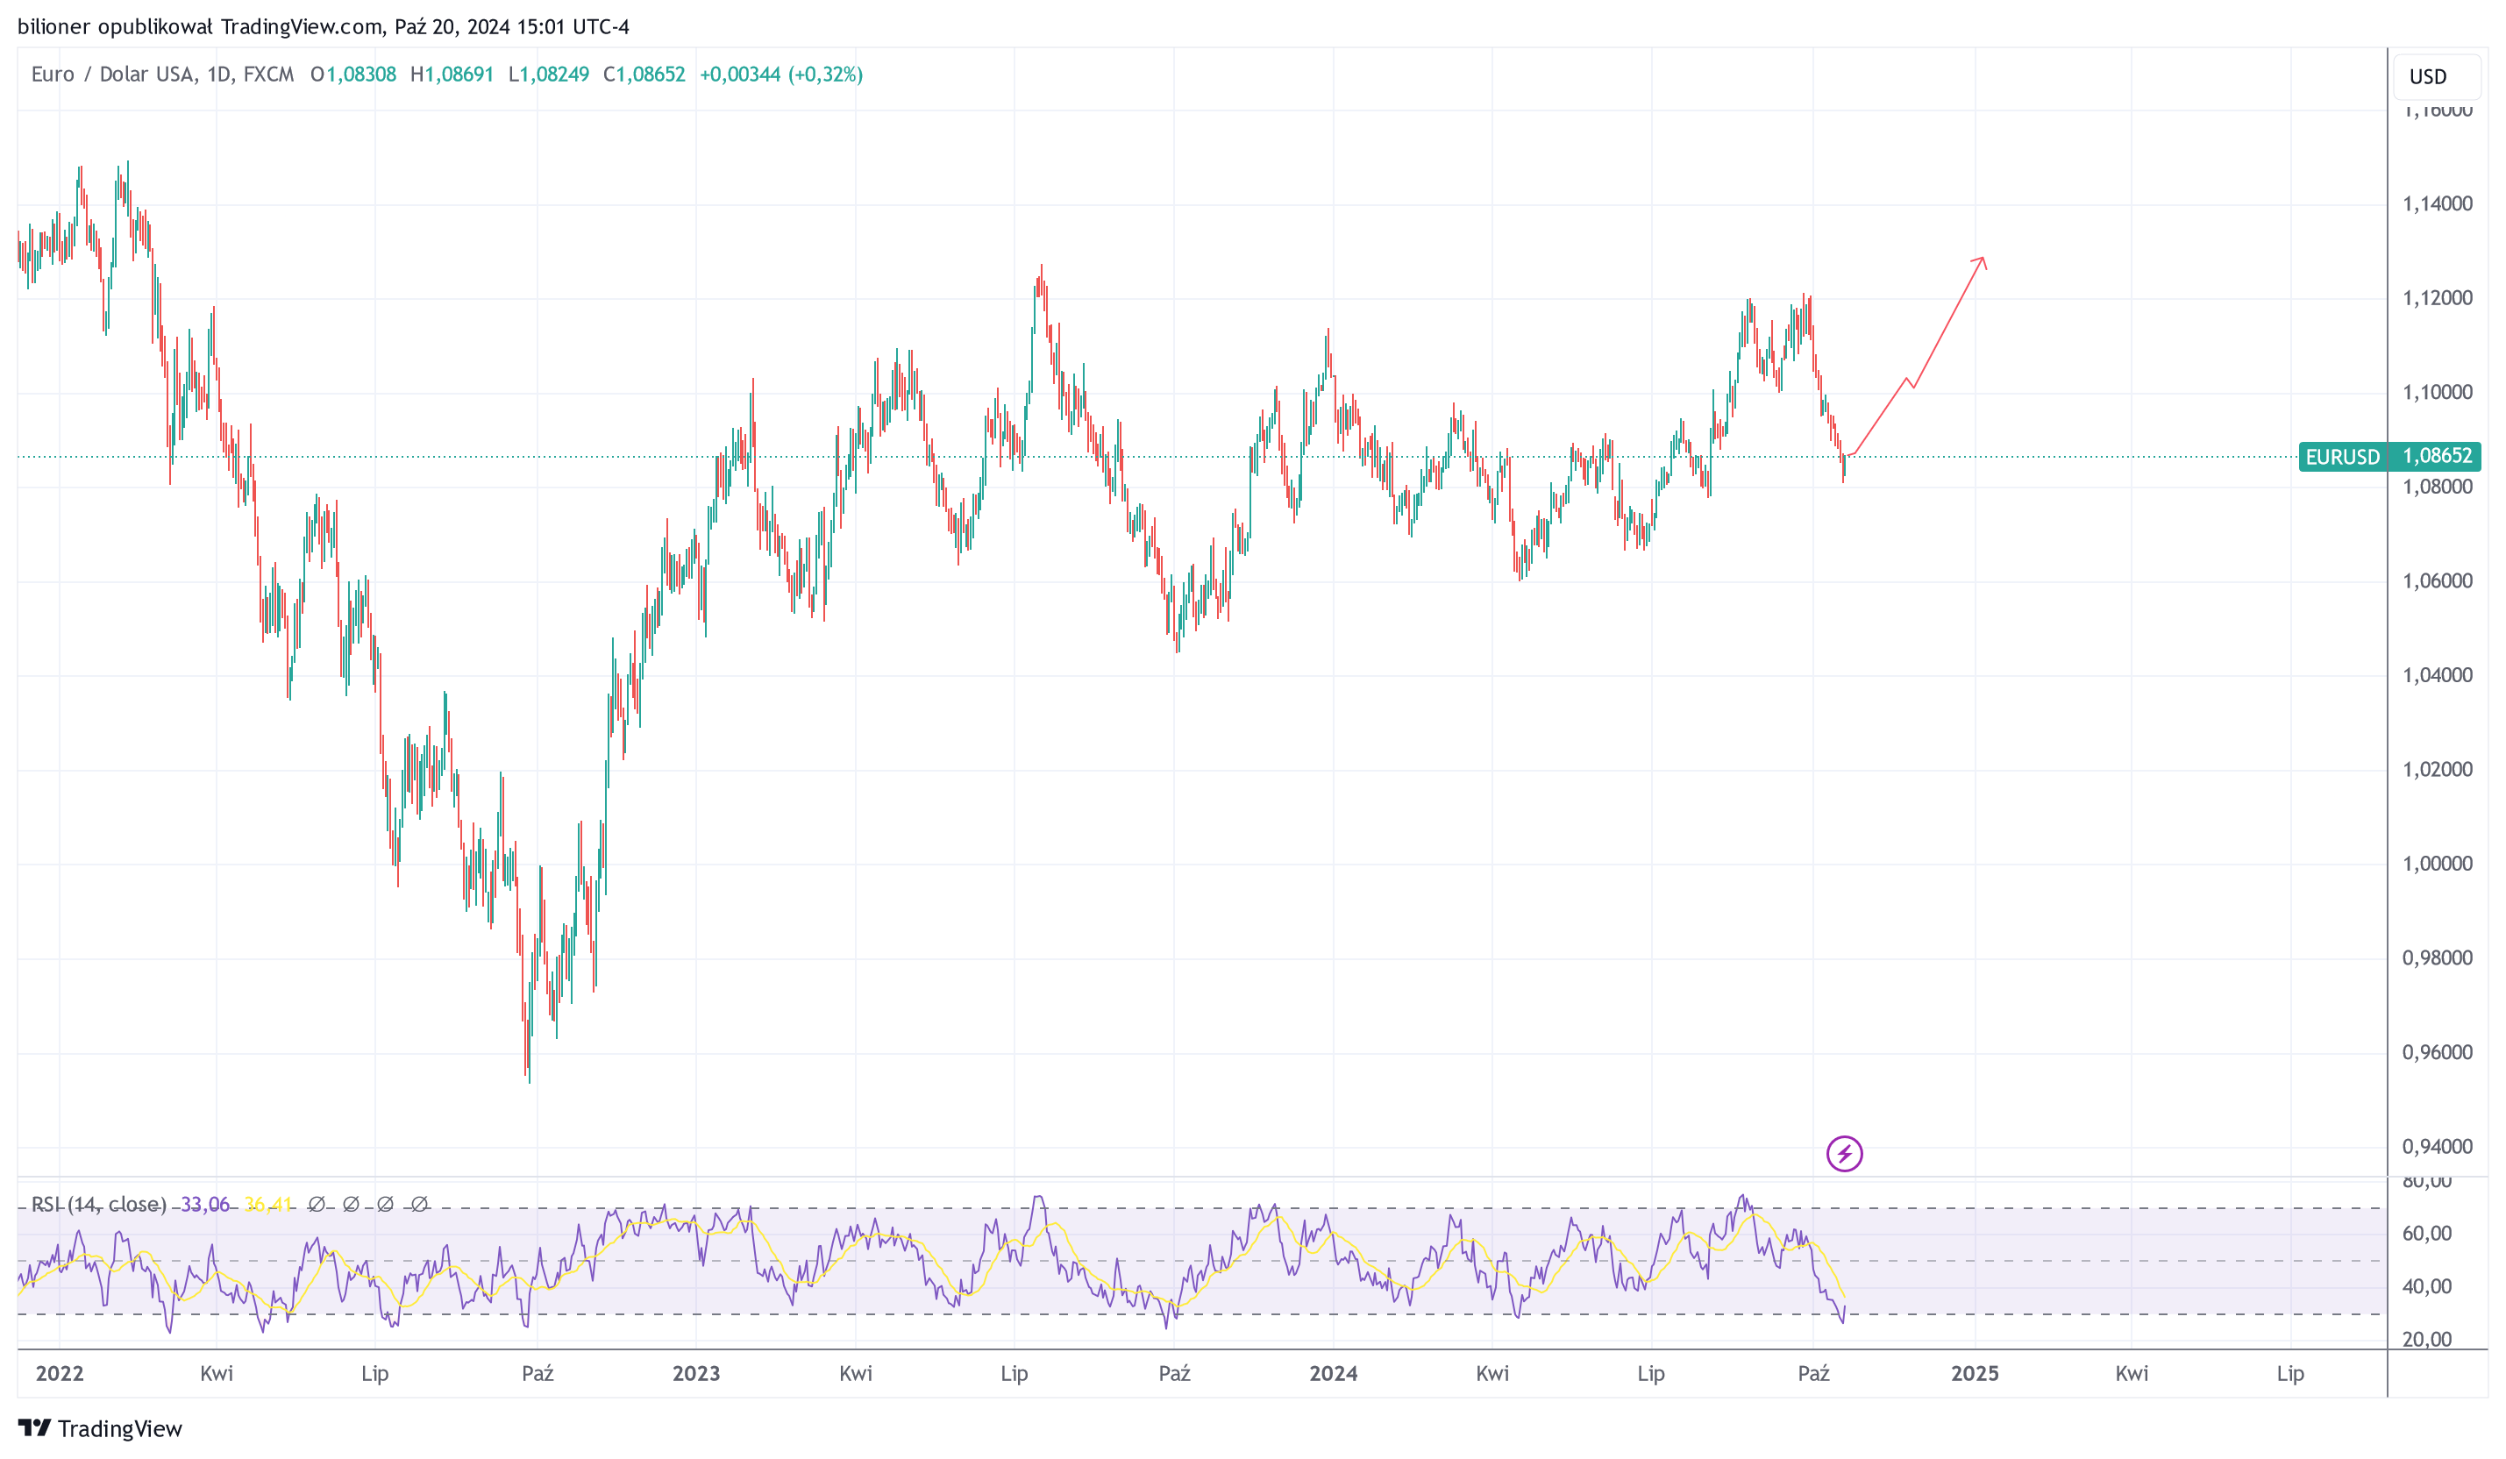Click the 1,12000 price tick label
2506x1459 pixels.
pos(2437,298)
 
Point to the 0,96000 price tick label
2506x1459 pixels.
pos(2437,1052)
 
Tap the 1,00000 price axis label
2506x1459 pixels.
pos(2437,865)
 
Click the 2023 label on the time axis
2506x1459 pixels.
pos(695,1373)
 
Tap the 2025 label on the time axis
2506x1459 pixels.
pos(1974,1373)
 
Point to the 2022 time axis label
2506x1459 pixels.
pos(60,1373)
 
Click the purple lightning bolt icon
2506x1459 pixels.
pos(1844,1154)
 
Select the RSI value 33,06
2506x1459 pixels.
pos(205,1205)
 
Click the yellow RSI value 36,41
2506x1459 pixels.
pos(267,1205)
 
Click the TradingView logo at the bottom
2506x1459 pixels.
pos(99,1428)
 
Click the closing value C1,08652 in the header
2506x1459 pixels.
pos(644,75)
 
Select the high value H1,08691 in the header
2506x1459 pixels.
pos(452,75)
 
